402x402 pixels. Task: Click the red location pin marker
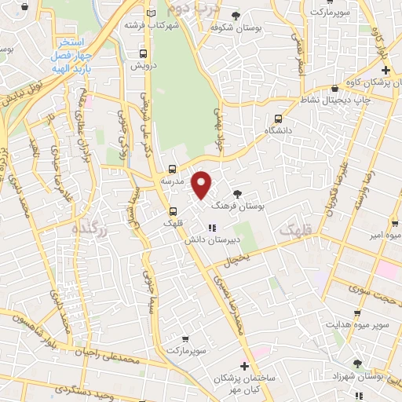point(203,185)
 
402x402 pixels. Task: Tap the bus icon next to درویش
point(143,53)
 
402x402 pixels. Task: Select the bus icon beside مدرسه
point(172,169)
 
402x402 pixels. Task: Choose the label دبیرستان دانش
point(210,241)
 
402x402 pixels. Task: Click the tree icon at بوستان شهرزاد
point(358,364)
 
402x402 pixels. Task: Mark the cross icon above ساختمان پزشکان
point(244,366)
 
